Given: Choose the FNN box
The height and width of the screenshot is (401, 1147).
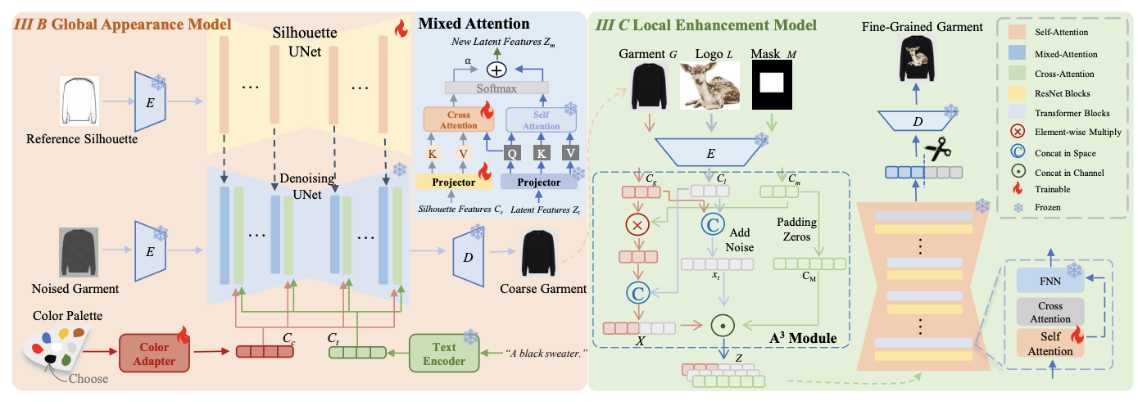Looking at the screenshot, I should pos(1050,280).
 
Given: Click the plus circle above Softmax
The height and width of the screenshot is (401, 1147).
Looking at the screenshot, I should pos(496,68).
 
